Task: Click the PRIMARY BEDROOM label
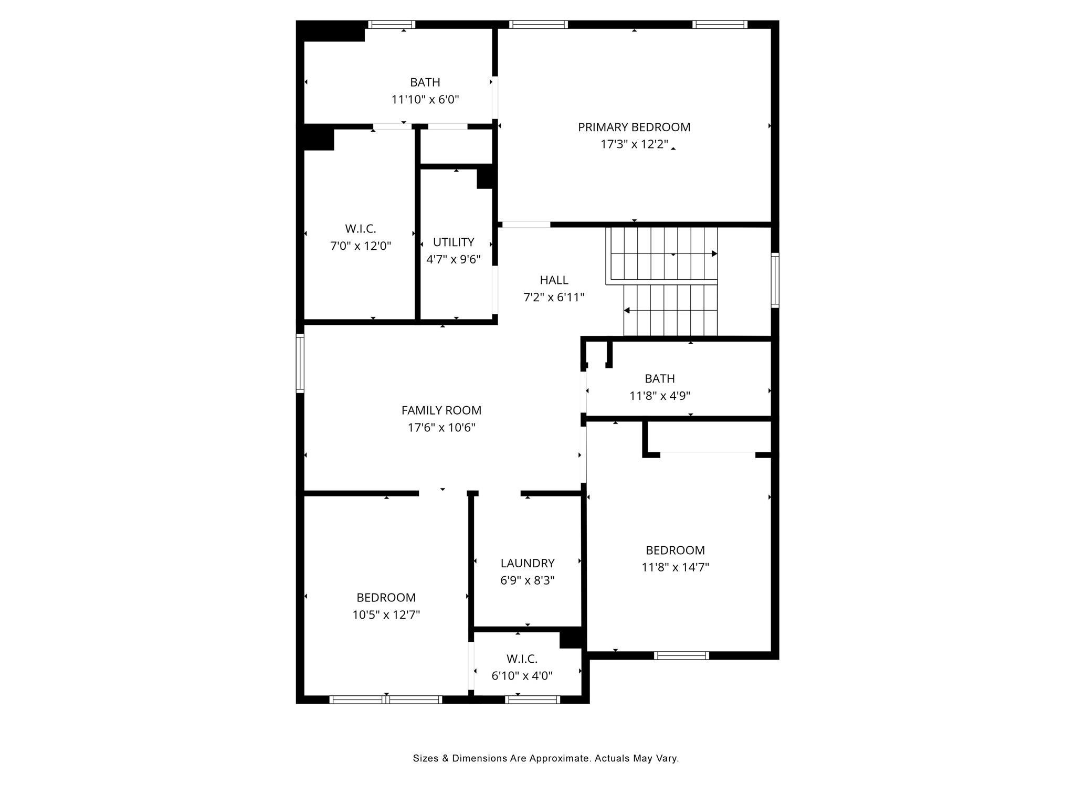coord(634,127)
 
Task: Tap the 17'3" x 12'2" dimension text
coord(634,144)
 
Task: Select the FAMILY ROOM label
coord(441,410)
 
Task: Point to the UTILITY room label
coord(454,242)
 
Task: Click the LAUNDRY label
coord(528,563)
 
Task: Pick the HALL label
coord(554,280)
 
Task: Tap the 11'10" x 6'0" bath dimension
coord(425,99)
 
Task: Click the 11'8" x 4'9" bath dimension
coord(660,396)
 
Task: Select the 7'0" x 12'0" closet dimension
coord(361,246)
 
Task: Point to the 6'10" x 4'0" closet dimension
coord(522,676)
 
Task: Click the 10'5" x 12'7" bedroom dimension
coord(386,614)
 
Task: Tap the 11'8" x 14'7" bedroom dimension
coord(675,567)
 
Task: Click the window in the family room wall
coord(300,363)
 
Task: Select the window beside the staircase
coord(775,280)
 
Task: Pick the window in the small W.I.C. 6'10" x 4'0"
coord(532,699)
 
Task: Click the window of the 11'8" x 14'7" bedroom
coord(681,655)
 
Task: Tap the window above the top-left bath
coord(392,24)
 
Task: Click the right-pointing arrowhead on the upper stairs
coord(714,254)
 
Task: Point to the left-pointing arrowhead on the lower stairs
coord(627,311)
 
